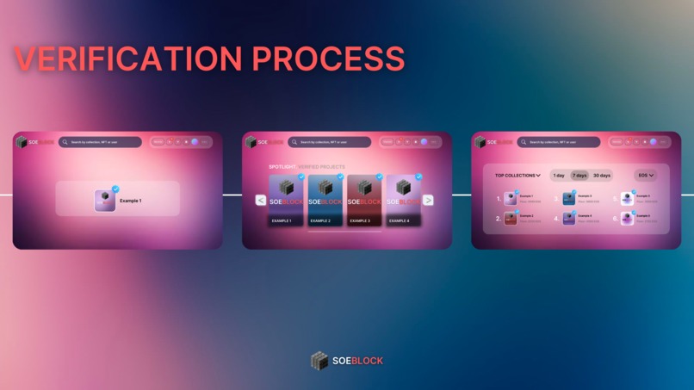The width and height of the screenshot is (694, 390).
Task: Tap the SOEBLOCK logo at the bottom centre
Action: [x=347, y=361]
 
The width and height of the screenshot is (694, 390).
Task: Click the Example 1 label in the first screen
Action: [x=131, y=201]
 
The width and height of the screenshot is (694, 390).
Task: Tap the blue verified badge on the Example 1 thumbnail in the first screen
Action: [x=115, y=189]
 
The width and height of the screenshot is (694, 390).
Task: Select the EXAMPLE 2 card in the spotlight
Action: [x=325, y=201]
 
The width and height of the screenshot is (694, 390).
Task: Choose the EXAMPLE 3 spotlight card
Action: [x=364, y=201]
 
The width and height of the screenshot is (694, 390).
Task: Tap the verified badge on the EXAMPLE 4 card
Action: [x=418, y=176]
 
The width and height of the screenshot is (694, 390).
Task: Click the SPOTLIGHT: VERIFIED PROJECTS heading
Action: [x=307, y=167]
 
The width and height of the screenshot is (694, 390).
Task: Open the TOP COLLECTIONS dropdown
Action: [x=517, y=176]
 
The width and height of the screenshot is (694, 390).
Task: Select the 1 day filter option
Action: [x=559, y=176]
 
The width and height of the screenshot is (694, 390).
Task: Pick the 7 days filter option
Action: [x=579, y=176]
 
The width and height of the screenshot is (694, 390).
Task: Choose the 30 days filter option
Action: [x=602, y=176]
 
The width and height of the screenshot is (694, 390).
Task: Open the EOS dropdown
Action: [x=646, y=176]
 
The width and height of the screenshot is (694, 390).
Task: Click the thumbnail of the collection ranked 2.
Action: [x=511, y=219]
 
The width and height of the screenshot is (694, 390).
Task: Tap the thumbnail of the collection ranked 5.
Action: [x=627, y=198]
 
